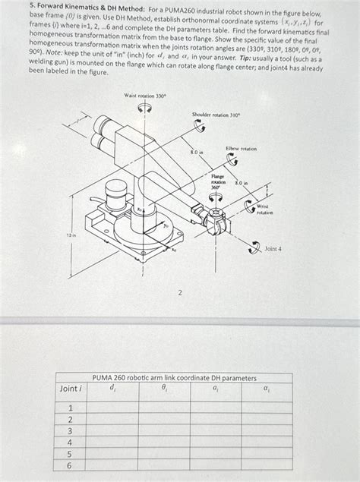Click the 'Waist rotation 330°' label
pyautogui.click(x=144, y=96)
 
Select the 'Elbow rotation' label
pyautogui.click(x=242, y=149)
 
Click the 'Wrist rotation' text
pyautogui.click(x=264, y=209)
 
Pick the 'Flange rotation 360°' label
pyautogui.click(x=218, y=182)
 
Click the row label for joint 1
pyautogui.click(x=70, y=408)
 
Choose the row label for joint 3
pyautogui.click(x=70, y=430)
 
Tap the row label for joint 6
pyautogui.click(x=70, y=465)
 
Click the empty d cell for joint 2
pyautogui.click(x=114, y=419)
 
